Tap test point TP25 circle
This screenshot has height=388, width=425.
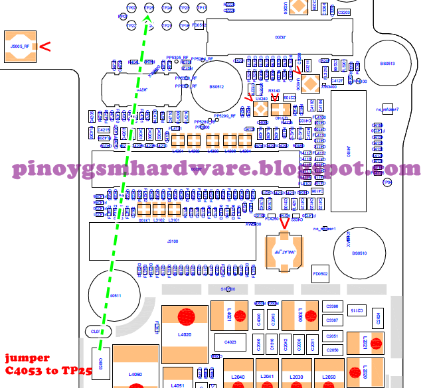click(x=149, y=8)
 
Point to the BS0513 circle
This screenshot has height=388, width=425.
click(x=388, y=64)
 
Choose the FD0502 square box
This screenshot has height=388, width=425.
click(x=320, y=273)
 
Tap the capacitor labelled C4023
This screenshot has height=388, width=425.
click(x=230, y=342)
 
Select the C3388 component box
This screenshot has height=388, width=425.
click(x=333, y=307)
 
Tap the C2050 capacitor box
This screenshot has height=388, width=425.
click(x=333, y=350)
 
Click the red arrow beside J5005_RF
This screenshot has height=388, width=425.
click(x=46, y=46)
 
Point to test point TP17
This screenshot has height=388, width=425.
click(x=201, y=8)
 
